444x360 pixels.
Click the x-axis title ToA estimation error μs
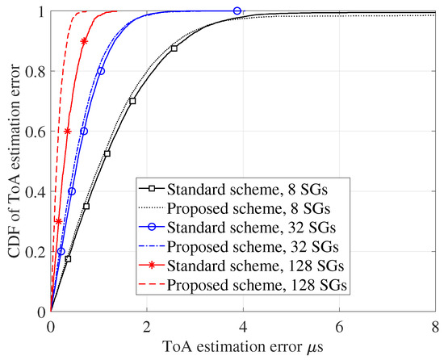[242, 349]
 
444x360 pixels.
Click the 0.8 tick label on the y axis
[35, 71]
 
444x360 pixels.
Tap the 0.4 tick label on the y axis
[35, 191]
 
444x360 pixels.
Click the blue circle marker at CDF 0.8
[101, 71]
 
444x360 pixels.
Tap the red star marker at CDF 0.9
[85, 40]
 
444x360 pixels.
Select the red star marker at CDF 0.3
[58, 221]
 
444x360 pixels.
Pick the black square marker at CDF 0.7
[132, 101]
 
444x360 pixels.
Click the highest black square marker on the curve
[174, 48]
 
